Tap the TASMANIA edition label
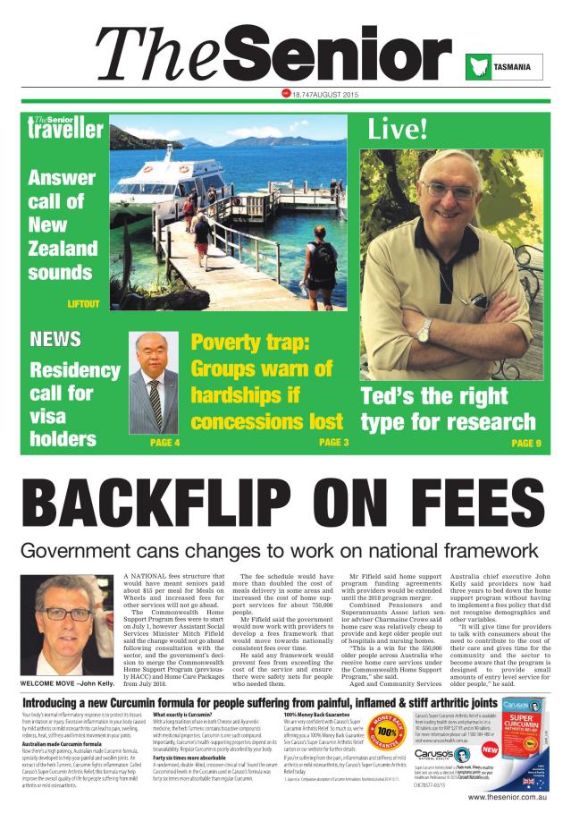pyautogui.click(x=514, y=67)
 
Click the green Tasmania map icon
pyautogui.click(x=478, y=67)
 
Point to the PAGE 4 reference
pyautogui.click(x=164, y=443)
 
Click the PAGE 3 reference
pyautogui.click(x=333, y=442)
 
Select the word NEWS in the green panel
pyautogui.click(x=55, y=339)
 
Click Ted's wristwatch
pyautogui.click(x=424, y=328)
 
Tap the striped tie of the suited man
pyautogui.click(x=155, y=401)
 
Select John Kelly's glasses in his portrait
pyautogui.click(x=68, y=614)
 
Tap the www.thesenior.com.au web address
pyautogui.click(x=507, y=796)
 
